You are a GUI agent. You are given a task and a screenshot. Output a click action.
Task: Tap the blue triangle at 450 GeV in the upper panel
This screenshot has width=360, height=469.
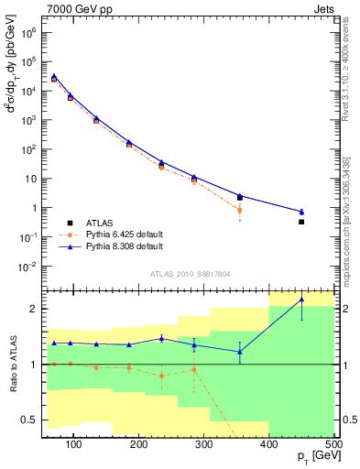[x=327, y=212]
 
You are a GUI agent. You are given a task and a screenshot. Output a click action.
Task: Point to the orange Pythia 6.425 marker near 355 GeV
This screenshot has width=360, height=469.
[x=240, y=210]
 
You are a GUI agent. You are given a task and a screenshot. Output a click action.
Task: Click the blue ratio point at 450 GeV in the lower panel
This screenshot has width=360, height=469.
[x=327, y=300]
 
